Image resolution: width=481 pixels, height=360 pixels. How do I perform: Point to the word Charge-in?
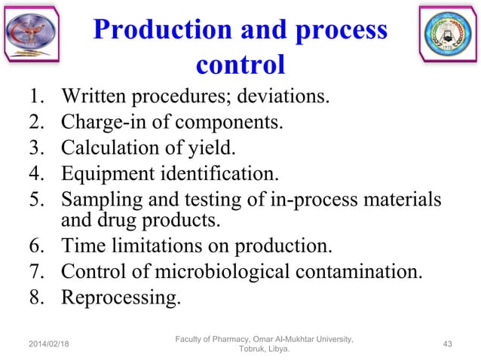tap(100, 122)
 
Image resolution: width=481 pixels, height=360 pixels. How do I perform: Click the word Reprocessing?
tap(120, 298)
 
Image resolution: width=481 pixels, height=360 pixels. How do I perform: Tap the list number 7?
tap(36, 272)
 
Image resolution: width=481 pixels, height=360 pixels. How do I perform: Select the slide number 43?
tap(448, 344)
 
